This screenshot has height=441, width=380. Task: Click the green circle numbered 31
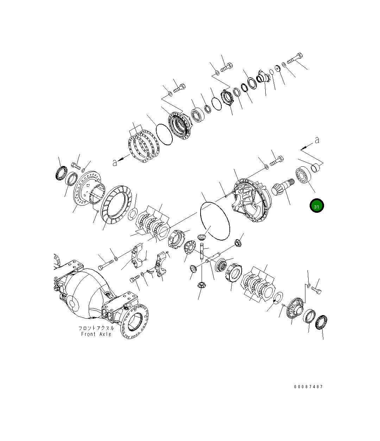click(x=316, y=206)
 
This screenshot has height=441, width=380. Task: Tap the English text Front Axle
click(x=96, y=334)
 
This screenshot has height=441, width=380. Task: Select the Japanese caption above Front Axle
click(x=96, y=328)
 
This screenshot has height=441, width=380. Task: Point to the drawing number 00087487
click(x=308, y=387)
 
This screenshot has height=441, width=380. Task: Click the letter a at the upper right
click(x=317, y=140)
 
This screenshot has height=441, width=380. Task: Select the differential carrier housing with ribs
click(x=250, y=201)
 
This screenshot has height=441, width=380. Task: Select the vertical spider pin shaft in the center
click(x=202, y=251)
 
